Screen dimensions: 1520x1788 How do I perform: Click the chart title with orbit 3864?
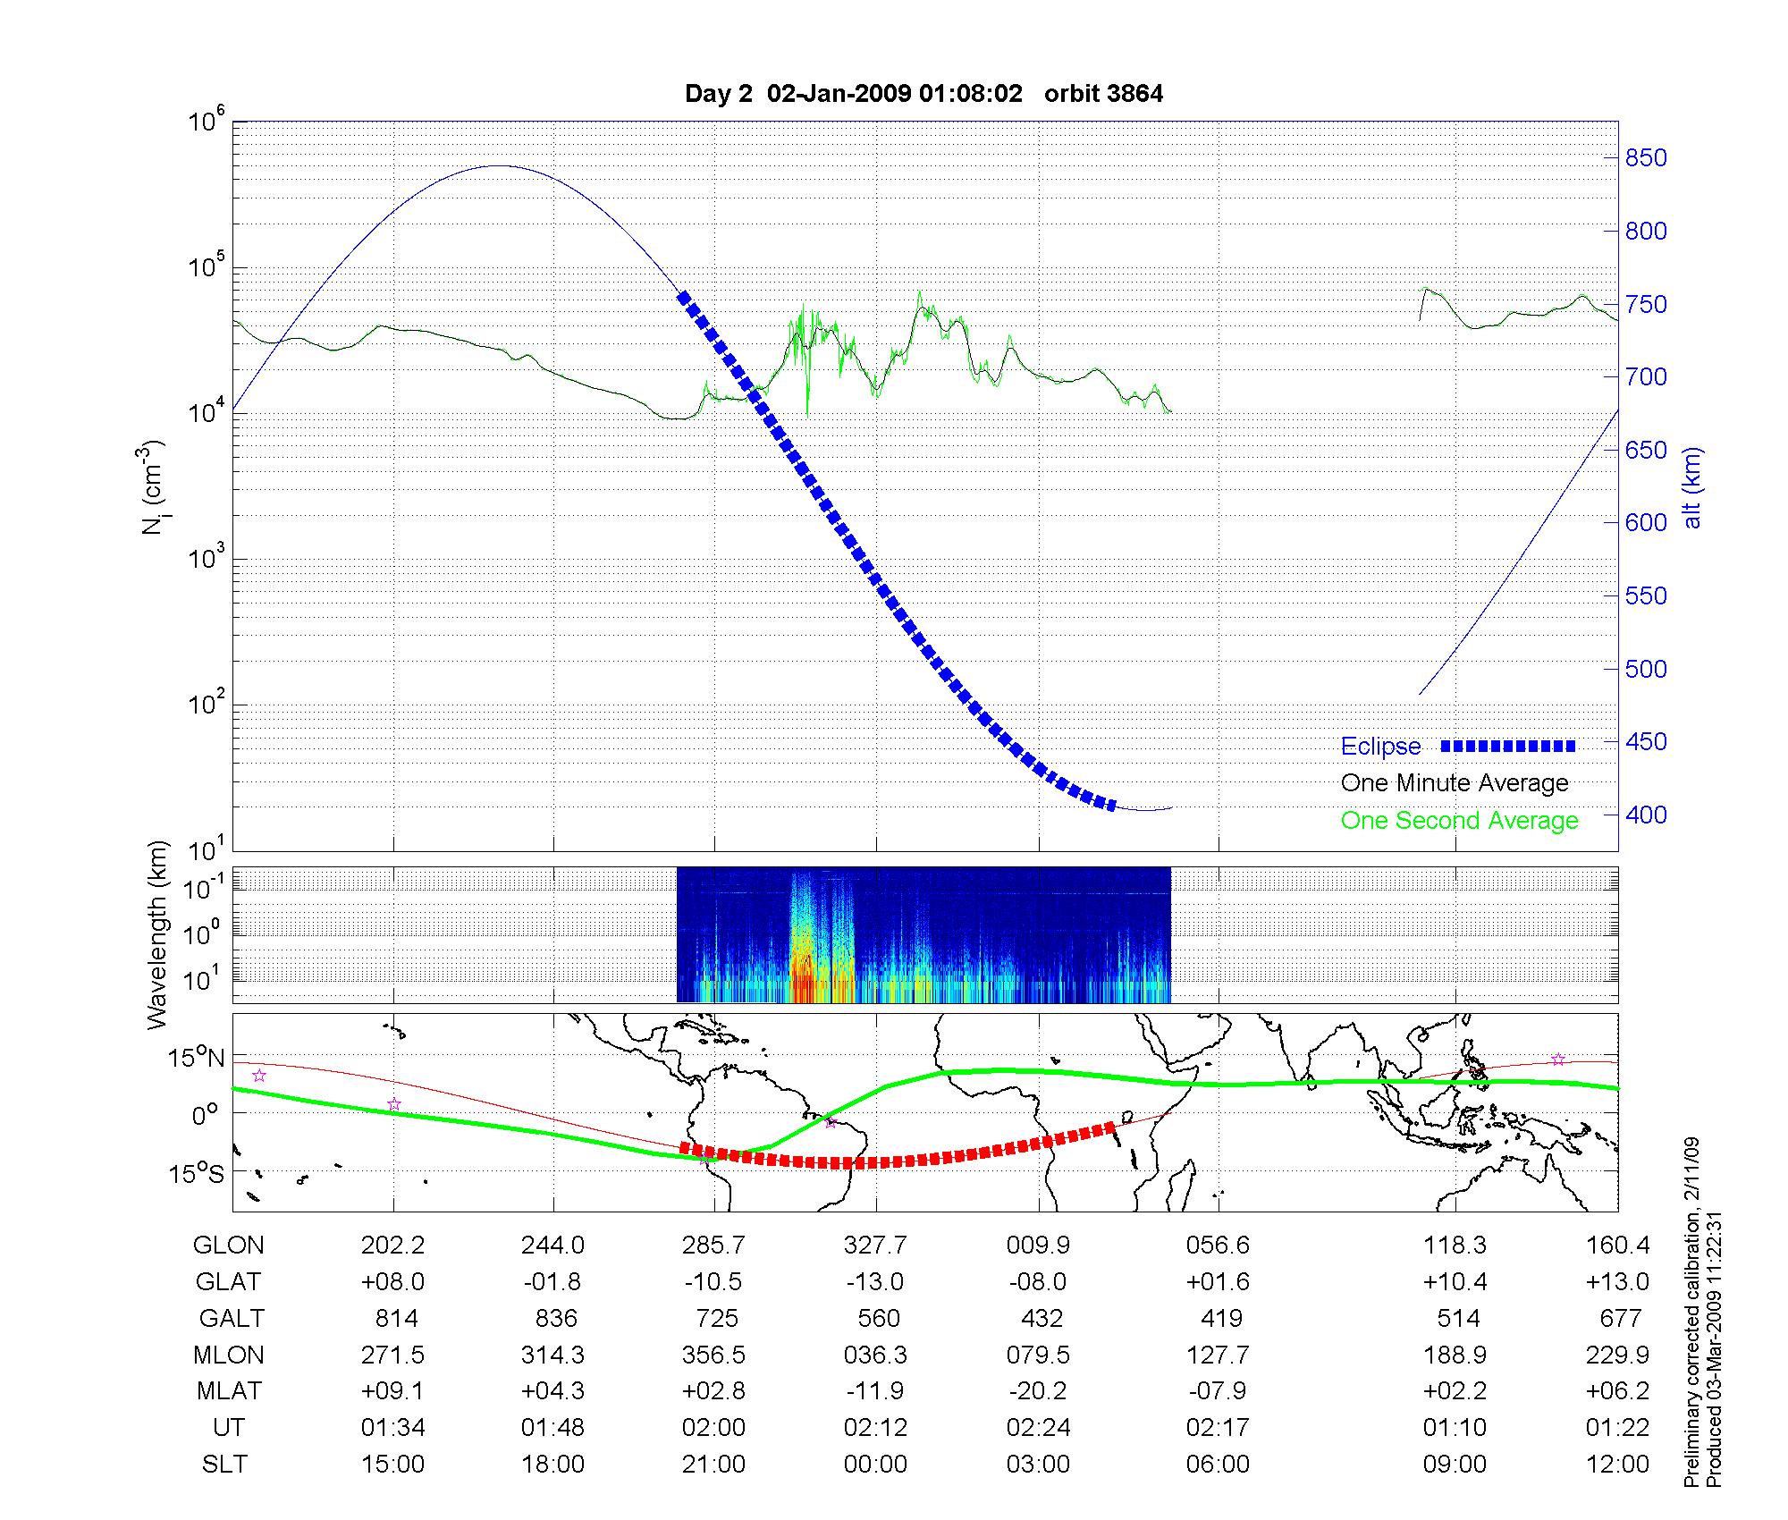click(924, 94)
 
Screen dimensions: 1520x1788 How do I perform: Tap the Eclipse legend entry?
click(1380, 747)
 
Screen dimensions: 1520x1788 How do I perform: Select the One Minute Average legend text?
click(1455, 783)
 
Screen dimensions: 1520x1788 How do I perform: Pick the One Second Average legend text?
click(1459, 821)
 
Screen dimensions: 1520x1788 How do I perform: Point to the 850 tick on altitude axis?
click(1646, 158)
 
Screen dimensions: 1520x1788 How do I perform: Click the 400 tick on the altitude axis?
click(1646, 815)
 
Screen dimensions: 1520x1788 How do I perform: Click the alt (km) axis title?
click(1692, 488)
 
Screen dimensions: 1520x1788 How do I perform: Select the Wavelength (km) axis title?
click(158, 934)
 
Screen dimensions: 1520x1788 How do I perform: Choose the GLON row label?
click(229, 1246)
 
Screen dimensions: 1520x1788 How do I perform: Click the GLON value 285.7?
click(713, 1246)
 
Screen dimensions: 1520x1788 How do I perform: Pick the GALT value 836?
click(554, 1319)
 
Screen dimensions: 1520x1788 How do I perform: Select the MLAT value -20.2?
click(1038, 1392)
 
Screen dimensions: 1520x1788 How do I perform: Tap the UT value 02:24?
click(1038, 1428)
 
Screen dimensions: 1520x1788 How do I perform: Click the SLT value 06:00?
click(1218, 1465)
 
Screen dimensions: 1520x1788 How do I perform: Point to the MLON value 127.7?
click(1218, 1355)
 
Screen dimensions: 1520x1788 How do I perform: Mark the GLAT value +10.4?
click(1455, 1282)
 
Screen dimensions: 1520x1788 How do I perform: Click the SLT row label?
click(224, 1465)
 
